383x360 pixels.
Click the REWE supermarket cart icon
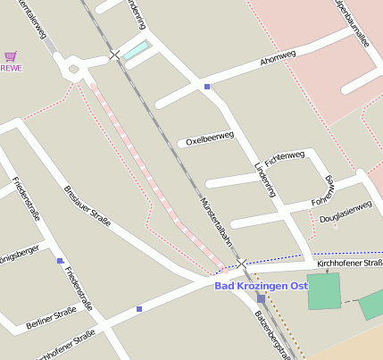point(10,55)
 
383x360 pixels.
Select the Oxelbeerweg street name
point(209,138)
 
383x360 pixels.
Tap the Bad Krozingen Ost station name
point(261,285)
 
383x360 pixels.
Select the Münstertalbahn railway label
point(216,222)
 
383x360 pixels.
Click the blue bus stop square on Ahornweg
point(207,87)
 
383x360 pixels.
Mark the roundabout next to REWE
point(73,69)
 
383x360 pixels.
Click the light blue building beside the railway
point(137,50)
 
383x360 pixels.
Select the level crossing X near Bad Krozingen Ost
point(241,264)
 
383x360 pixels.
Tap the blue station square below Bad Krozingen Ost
point(260,299)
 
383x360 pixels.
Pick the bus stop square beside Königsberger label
point(60,261)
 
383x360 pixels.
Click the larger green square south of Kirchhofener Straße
point(324,291)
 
